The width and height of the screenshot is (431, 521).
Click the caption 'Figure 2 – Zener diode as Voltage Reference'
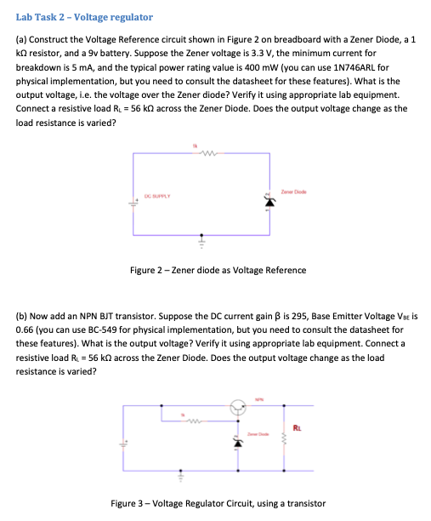(218, 271)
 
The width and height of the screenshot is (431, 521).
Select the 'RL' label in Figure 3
(295, 427)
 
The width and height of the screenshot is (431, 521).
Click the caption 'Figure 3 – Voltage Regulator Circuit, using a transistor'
(218, 503)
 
